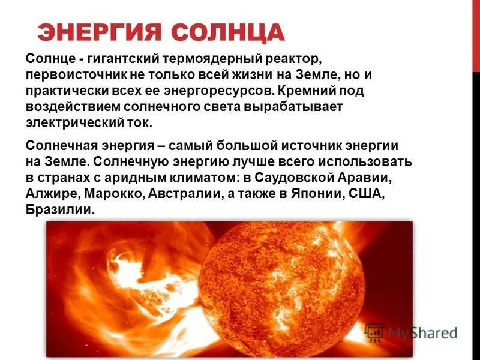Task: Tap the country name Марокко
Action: point(110,194)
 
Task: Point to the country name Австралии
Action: point(178,194)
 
